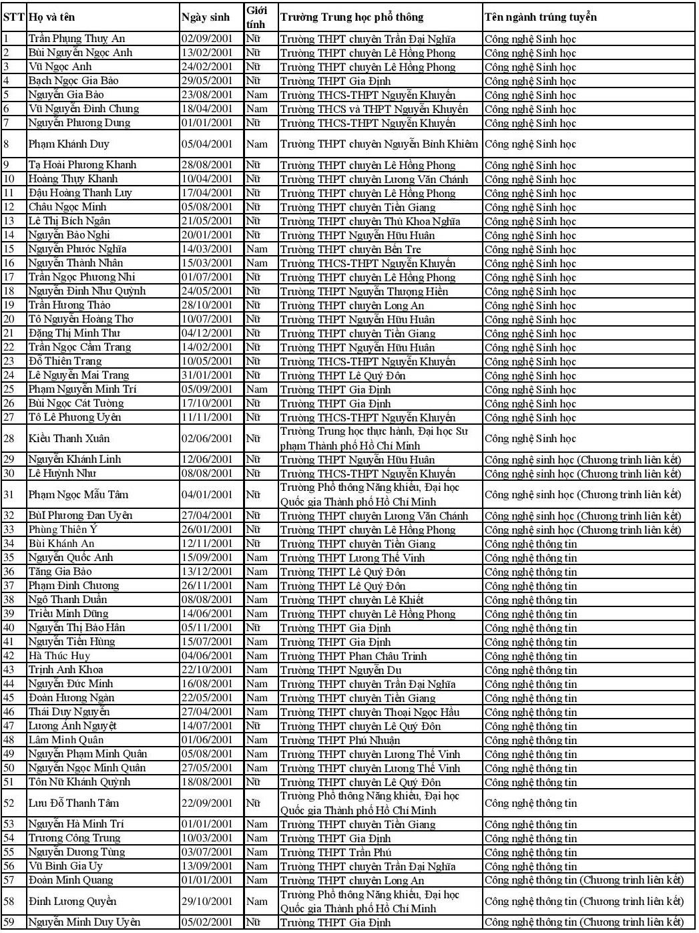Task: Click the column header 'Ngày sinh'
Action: click(x=206, y=17)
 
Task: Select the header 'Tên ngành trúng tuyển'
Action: click(x=540, y=17)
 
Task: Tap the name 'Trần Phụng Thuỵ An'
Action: click(x=77, y=39)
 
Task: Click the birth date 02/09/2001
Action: click(x=207, y=39)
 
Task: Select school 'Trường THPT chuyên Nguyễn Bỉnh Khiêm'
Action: click(x=379, y=144)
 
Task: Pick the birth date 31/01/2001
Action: click(x=207, y=375)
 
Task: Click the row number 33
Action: click(x=9, y=530)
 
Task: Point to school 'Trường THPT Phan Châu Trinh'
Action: click(x=353, y=656)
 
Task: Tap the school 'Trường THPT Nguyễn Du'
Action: click(x=341, y=670)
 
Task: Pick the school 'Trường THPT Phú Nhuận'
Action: click(x=340, y=740)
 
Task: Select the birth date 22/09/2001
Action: click(x=207, y=803)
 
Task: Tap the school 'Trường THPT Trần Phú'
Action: click(x=335, y=852)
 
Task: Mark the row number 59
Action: click(x=9, y=922)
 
